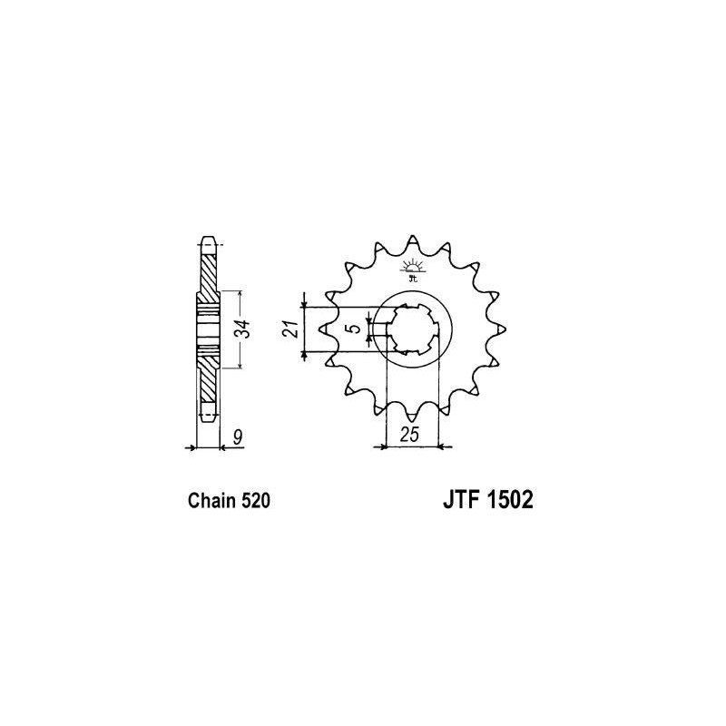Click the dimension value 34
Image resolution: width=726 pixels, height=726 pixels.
click(244, 329)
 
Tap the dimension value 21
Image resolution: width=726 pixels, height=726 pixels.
click(290, 329)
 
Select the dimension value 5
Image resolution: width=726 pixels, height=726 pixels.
click(354, 329)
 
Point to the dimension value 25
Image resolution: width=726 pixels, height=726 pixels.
click(410, 435)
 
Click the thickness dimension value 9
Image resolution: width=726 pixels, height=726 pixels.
click(238, 437)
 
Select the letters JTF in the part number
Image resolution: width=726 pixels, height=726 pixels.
click(460, 500)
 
